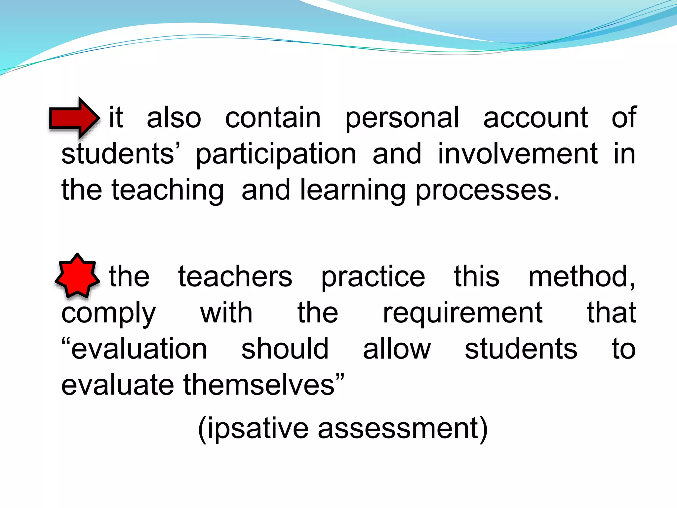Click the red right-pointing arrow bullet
pos(74,118)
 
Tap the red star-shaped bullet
pos(77,275)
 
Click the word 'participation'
pos(276,154)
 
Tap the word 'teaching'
pos(168,190)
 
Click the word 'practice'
pos(373,277)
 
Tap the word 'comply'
pos(108,314)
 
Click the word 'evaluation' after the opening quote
pos(139,349)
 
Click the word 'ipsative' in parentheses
pos(258,429)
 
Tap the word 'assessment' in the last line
pos(398,429)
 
